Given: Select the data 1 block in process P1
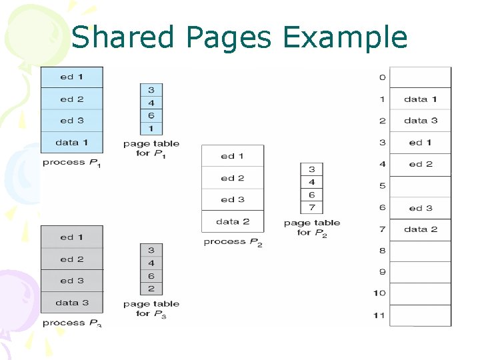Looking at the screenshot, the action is point(72,143).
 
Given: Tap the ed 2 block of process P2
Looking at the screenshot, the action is point(233,178).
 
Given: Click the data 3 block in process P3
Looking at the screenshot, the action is point(72,303).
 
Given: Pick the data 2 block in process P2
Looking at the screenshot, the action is point(233,221).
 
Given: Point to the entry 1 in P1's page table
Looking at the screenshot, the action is point(151,128).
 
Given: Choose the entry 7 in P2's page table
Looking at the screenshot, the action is point(312,208).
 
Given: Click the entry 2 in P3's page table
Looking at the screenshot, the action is point(151,289).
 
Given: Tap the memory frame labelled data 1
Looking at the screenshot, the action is point(420,99).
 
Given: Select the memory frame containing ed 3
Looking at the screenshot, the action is point(420,208).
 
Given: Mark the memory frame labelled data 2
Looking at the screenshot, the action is point(420,229).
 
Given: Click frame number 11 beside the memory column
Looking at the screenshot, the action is point(379,315).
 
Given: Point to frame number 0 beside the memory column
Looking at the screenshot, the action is point(382,77).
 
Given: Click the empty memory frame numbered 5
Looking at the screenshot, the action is point(420,186).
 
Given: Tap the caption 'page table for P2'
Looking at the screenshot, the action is point(312,227).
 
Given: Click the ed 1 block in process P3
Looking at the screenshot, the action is point(72,237).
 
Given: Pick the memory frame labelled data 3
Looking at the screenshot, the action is point(420,121).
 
